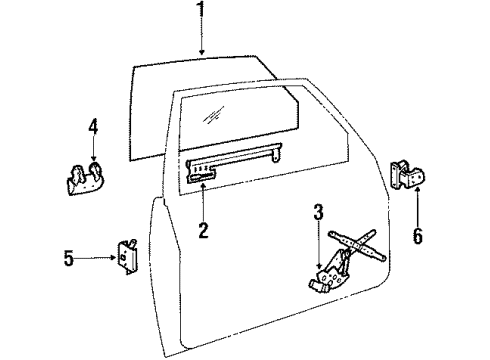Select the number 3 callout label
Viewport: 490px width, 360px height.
(318, 212)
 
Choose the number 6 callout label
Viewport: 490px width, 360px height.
(418, 236)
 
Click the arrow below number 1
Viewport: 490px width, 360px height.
(202, 40)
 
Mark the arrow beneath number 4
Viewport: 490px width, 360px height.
(92, 152)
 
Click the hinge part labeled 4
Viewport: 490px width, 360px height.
(87, 180)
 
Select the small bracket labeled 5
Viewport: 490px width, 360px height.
(127, 256)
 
